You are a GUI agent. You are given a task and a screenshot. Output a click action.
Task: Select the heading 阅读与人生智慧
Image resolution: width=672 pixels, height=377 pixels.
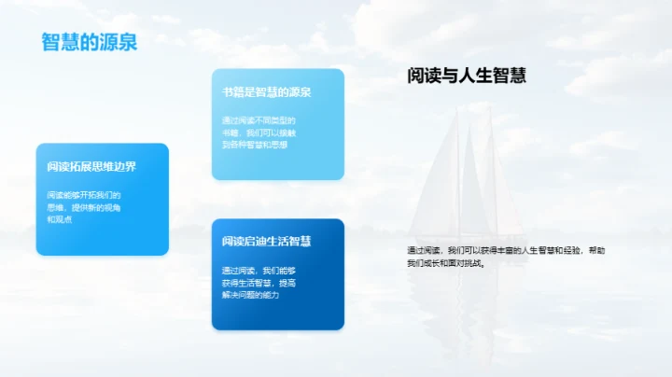point(467,77)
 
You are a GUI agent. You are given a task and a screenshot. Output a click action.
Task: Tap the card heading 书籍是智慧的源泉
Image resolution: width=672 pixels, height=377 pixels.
point(266,92)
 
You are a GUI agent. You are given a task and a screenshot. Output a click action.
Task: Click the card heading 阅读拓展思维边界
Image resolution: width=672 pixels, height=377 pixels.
point(91,167)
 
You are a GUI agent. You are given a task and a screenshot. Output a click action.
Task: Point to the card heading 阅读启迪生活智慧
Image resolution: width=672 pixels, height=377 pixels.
point(266,242)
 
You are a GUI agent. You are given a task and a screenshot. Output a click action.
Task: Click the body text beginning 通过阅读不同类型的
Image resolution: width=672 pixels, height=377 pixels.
point(259,120)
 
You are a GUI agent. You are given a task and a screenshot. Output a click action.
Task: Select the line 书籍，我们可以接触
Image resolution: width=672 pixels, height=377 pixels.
point(259,133)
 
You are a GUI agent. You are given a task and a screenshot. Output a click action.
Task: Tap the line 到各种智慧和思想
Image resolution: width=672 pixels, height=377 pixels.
point(255,145)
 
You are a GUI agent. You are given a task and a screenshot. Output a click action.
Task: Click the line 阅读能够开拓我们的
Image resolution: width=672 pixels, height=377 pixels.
point(83,195)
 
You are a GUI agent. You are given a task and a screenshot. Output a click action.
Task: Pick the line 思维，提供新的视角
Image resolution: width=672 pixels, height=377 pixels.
point(83,207)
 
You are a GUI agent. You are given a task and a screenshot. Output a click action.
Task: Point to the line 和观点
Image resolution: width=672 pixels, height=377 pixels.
point(59,219)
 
